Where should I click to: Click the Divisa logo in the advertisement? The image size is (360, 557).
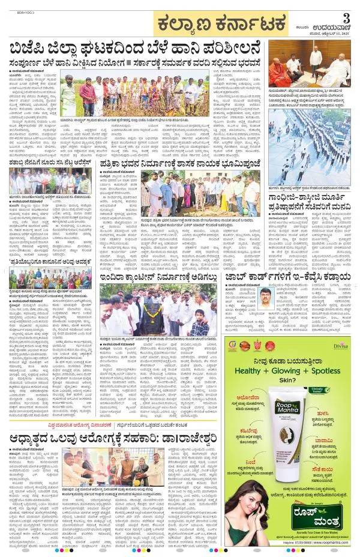[x=340, y=346]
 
